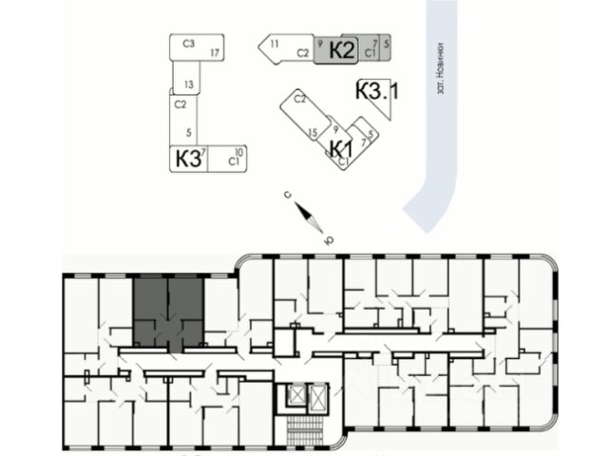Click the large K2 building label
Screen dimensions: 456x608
coord(342,51)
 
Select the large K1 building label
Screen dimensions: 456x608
coord(341,148)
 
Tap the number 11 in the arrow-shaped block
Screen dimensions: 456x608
coord(274,45)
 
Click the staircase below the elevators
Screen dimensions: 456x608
coord(307,428)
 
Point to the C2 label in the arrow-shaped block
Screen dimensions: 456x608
coord(303,53)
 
